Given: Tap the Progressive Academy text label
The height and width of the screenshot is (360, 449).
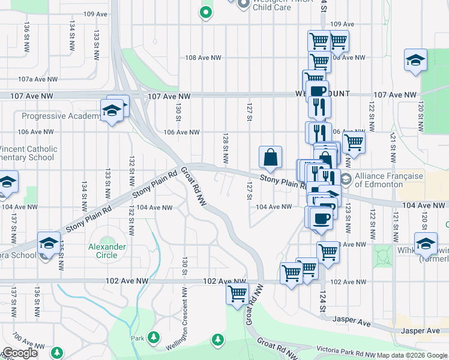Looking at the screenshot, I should tap(62, 116).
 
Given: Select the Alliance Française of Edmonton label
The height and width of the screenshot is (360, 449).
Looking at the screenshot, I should tap(387, 180).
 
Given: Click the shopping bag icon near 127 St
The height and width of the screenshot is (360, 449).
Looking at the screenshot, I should tap(271, 157).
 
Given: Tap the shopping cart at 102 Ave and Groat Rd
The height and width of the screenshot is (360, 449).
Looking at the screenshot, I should tap(238, 294).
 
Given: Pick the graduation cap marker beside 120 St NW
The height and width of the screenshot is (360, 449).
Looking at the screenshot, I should tap(415, 61).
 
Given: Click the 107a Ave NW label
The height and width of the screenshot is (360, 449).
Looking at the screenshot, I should tap(37, 79).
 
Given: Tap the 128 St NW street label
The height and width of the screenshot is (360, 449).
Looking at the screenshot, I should tap(226, 149).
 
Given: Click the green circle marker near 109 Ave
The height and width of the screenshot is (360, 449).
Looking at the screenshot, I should tap(206, 11).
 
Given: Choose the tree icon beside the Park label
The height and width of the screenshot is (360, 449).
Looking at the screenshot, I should tap(154, 337).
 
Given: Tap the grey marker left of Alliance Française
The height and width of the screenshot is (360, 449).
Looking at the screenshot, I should tap(346, 179).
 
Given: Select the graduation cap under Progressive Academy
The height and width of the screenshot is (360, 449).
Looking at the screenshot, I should tap(112, 111).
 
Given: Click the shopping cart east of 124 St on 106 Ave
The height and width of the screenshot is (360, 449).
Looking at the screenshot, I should tap(354, 143).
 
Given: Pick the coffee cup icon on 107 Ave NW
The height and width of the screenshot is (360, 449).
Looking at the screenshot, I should tap(317, 92).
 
